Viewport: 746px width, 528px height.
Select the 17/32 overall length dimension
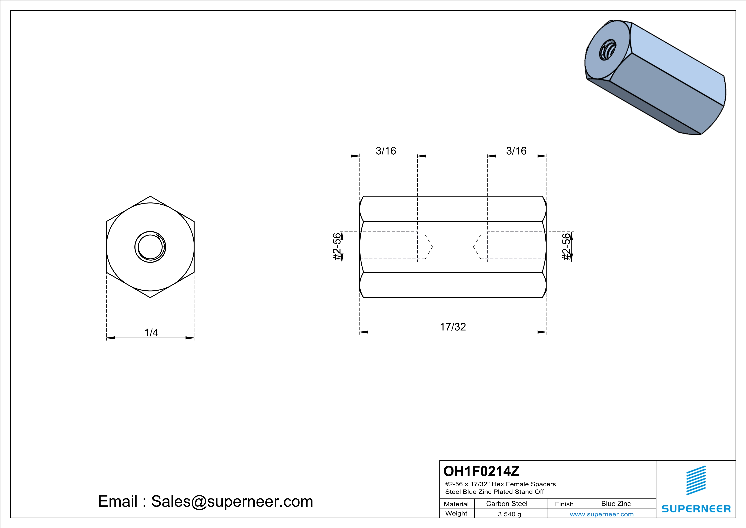click(x=453, y=327)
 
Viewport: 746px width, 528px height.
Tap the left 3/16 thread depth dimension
click(x=386, y=151)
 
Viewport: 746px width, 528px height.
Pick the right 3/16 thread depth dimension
click(x=516, y=151)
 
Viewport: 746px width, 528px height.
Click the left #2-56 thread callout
click(x=337, y=247)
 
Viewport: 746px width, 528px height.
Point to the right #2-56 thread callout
click(x=566, y=247)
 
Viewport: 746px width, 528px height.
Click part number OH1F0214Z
click(x=482, y=471)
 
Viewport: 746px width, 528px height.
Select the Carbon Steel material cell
click(x=507, y=504)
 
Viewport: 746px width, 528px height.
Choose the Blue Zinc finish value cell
click(x=616, y=504)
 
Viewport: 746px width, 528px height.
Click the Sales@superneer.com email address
click(x=232, y=501)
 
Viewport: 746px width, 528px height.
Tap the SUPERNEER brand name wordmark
click(x=696, y=509)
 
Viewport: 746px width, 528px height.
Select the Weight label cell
click(x=456, y=513)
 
